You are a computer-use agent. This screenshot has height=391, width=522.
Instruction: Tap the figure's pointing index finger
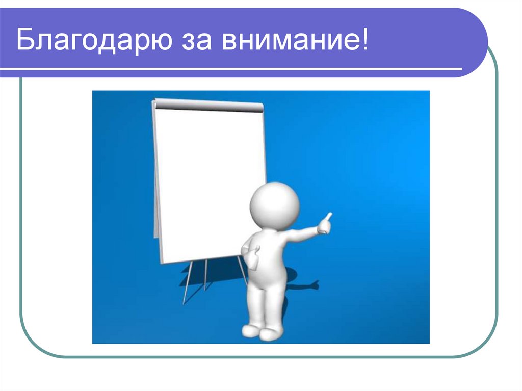click(x=328, y=217)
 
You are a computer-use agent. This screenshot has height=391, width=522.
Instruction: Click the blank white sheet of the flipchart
click(x=209, y=178)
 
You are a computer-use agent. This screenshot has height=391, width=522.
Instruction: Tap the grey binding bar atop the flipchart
click(x=209, y=106)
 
